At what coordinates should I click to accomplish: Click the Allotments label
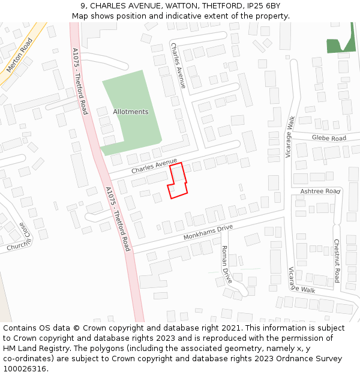130,112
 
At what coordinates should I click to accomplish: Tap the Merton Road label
19,55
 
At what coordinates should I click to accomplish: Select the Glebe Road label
329,138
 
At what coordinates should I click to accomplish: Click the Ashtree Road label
320,191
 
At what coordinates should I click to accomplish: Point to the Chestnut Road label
337,261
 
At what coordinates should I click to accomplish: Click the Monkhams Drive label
208,233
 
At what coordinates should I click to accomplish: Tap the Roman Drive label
226,265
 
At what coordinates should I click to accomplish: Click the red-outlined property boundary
178,180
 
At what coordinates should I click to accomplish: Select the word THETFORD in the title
222,6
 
